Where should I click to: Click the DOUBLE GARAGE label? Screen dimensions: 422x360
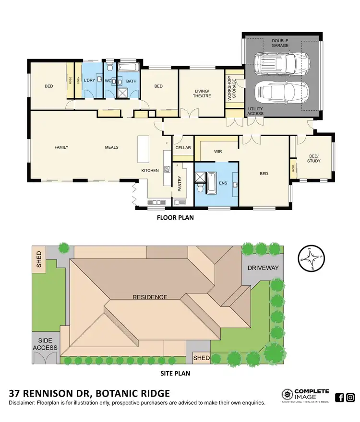point(280,44)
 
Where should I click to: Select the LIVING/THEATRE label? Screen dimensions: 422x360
point(202,93)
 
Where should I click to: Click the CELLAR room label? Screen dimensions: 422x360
point(183,148)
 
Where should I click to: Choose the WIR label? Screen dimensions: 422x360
point(217,152)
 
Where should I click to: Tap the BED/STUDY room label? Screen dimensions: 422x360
point(313,158)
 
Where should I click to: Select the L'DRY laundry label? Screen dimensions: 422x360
point(90,81)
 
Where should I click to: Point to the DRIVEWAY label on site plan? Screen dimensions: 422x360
point(263,268)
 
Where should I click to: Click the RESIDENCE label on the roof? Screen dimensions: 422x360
point(150,297)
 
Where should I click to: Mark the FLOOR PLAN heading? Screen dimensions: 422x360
point(175,217)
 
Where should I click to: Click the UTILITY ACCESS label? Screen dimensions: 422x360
point(255,111)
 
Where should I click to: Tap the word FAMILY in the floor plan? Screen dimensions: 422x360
point(61,147)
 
